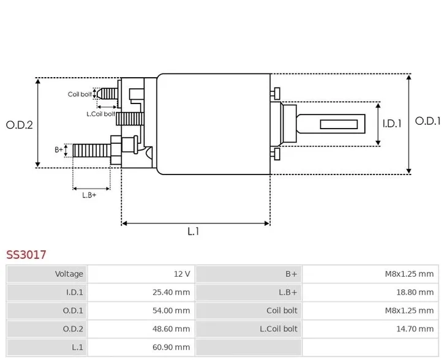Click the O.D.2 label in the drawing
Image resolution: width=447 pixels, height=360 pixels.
point(20,125)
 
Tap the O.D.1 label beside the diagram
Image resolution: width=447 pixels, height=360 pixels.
point(427,121)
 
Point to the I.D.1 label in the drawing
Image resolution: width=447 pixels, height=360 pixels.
point(392,124)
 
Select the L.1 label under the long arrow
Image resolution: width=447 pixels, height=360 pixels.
point(193,231)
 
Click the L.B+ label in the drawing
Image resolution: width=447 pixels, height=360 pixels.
point(89,195)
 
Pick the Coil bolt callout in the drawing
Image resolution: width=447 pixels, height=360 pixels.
point(80,94)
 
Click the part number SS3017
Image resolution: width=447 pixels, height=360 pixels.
point(26,255)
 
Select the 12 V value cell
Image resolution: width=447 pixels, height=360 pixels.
point(182,274)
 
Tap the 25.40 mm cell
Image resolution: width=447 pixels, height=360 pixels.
point(171,292)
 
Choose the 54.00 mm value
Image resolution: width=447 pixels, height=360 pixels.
point(171,310)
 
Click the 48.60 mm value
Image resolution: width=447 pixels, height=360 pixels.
point(171,329)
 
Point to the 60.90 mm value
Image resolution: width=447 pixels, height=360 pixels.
point(171,347)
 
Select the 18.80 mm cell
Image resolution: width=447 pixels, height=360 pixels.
point(415,292)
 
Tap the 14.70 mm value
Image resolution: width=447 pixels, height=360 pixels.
point(415,329)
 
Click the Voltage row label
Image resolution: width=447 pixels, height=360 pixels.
point(69,274)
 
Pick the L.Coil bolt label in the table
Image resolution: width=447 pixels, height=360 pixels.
point(279,329)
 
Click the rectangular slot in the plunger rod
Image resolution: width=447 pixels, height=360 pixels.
point(339,124)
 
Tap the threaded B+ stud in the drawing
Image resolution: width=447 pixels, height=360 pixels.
point(91,151)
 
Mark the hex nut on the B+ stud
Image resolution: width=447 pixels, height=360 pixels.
point(116,150)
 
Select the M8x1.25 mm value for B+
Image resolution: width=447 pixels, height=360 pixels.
point(410,274)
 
